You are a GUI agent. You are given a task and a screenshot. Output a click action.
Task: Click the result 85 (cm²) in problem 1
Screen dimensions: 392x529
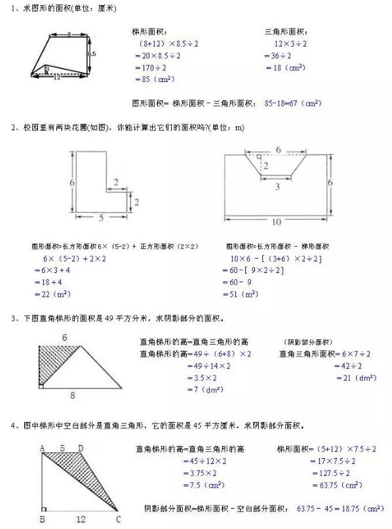click(153, 79)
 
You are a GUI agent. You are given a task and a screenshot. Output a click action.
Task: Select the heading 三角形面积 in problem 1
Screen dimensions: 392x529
click(286, 32)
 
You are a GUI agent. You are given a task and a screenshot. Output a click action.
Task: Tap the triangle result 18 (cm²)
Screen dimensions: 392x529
click(286, 68)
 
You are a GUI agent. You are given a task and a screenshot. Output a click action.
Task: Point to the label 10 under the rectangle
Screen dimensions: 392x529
click(276, 223)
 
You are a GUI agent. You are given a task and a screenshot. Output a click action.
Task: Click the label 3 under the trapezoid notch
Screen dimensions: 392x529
click(277, 187)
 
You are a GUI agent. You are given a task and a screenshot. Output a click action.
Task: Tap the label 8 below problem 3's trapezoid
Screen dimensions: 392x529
click(72, 395)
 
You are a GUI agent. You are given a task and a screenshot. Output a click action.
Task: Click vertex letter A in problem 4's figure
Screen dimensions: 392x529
click(41, 448)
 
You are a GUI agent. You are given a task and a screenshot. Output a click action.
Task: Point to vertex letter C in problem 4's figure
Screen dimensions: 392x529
click(119, 518)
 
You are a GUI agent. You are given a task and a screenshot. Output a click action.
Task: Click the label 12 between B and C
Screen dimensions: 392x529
click(81, 519)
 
